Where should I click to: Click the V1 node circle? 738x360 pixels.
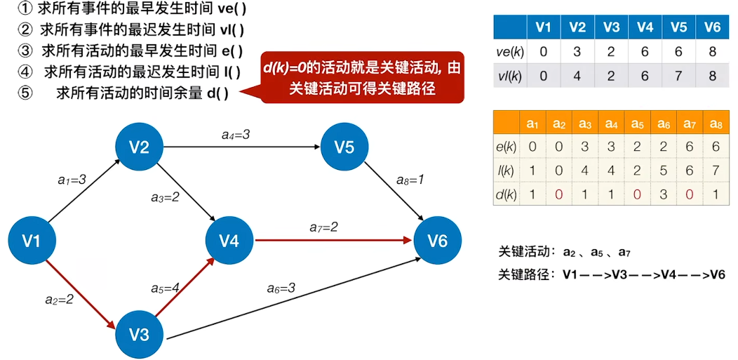31,241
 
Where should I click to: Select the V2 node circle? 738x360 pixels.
140,147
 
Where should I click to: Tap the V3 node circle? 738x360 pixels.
140,335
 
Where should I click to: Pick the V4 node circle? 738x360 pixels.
229,241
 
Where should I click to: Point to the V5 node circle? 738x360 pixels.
344,147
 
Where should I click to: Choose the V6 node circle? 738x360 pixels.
438,241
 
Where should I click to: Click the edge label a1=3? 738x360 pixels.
72,180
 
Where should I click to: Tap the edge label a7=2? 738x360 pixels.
323,227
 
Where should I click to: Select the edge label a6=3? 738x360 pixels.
281,288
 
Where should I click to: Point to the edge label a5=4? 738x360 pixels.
166,288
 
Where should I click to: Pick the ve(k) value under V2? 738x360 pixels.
577,51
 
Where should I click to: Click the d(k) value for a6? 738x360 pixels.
664,195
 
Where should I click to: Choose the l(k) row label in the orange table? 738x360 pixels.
506,171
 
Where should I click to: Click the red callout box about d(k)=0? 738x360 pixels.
362,77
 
